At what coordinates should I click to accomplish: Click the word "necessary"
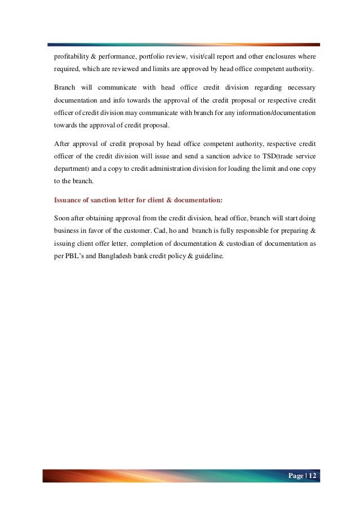[x=297, y=88]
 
